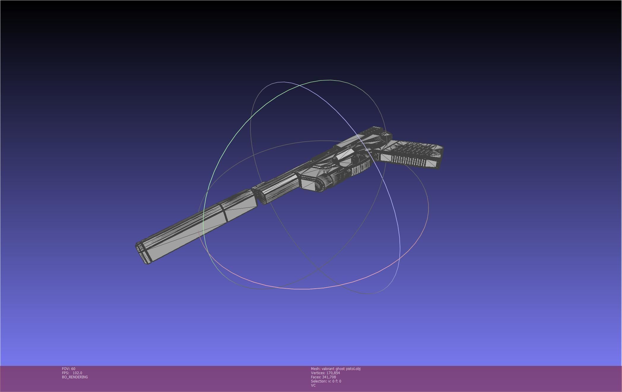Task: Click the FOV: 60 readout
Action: click(69, 369)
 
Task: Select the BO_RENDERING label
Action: click(75, 377)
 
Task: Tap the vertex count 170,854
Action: click(333, 373)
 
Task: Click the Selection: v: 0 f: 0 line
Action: click(326, 381)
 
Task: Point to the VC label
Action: click(313, 385)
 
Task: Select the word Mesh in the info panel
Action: click(315, 369)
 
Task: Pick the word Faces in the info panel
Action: click(316, 377)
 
